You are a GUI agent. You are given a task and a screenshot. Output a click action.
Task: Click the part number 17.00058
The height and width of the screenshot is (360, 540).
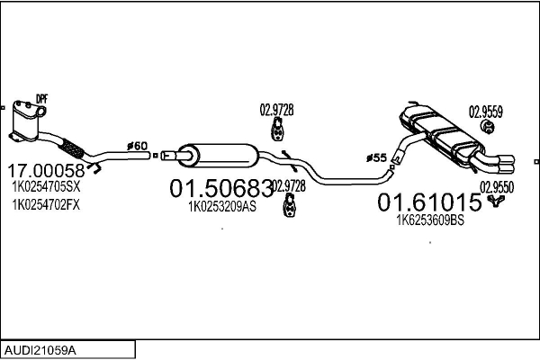coord(46,170)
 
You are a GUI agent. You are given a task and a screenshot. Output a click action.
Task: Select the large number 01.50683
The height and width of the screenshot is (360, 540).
coord(221,190)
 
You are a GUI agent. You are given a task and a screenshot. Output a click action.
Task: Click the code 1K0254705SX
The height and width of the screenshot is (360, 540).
coord(45,188)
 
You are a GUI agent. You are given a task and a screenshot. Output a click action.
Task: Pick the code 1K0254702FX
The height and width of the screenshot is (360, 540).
coord(45,205)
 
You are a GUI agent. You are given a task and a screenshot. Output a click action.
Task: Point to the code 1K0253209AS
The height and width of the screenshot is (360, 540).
coord(221,207)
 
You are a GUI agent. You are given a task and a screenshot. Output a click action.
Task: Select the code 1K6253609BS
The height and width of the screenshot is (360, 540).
coord(430,219)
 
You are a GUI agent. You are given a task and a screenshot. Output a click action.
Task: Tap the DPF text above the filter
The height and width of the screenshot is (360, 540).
coord(40,98)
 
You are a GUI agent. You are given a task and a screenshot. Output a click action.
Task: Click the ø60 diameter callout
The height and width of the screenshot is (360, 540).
coord(137,146)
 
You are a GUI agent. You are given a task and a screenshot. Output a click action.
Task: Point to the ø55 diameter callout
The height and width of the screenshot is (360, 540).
coord(377,158)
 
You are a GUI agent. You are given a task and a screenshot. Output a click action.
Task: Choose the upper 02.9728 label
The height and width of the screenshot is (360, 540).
coord(276,111)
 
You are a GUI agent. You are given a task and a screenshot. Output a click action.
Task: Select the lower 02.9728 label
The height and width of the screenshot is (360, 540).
coord(288,185)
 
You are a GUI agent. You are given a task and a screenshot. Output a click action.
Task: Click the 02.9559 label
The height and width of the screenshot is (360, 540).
coord(485,112)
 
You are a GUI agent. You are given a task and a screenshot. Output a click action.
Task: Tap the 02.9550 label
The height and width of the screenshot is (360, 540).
coord(496,186)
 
